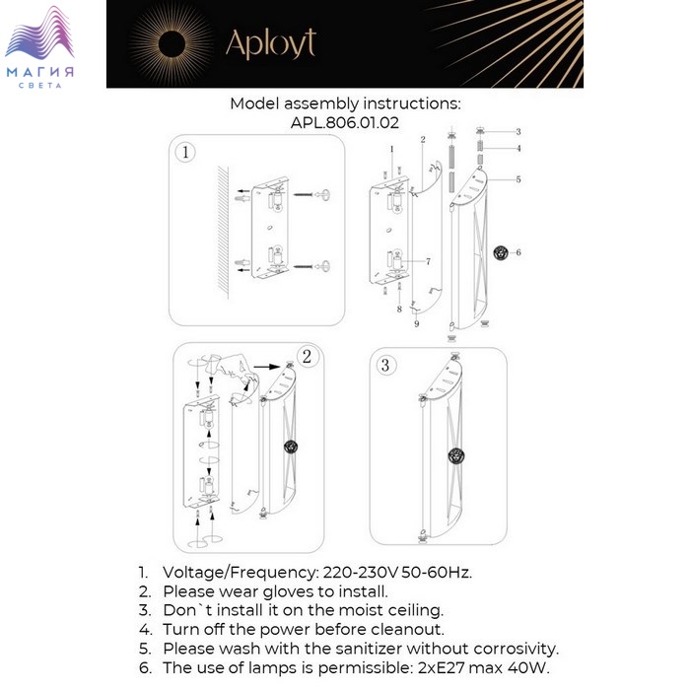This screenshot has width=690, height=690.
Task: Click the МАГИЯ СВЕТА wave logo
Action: (x=41, y=48)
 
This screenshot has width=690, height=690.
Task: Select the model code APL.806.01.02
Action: (x=344, y=122)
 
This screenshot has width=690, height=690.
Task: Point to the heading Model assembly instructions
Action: (x=345, y=103)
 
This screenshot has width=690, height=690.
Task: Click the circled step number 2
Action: (x=307, y=357)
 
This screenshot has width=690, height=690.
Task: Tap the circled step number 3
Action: (x=385, y=366)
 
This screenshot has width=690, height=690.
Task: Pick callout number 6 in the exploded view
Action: (x=517, y=252)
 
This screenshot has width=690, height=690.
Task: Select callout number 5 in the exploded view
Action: (x=517, y=179)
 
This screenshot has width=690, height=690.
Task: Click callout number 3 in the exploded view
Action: (x=517, y=132)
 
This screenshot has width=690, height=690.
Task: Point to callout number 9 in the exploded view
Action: (x=416, y=324)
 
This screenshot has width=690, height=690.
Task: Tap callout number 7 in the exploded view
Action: (x=428, y=261)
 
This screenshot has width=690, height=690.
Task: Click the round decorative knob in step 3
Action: (x=455, y=455)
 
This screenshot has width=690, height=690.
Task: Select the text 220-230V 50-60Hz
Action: (x=395, y=573)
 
